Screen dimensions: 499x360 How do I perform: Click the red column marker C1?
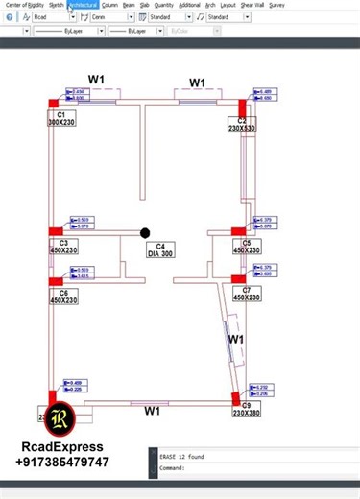pyautogui.click(x=54, y=104)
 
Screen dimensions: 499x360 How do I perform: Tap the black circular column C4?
pyautogui.click(x=145, y=232)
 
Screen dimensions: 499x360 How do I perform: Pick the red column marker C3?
pyautogui.click(x=56, y=231)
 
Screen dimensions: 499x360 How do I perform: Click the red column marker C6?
pyautogui.click(x=56, y=281)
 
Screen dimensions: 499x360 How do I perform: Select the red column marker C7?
pyautogui.click(x=239, y=280)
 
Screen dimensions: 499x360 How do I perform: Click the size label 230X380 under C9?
pyautogui.click(x=246, y=414)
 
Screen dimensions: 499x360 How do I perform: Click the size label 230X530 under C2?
pyautogui.click(x=242, y=128)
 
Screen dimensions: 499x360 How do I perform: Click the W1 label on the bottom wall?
pyautogui.click(x=152, y=412)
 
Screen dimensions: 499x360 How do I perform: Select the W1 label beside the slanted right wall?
pyautogui.click(x=236, y=340)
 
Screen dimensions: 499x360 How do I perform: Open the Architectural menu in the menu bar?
pyautogui.click(x=83, y=5)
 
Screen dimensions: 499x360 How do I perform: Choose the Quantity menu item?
pyautogui.click(x=163, y=5)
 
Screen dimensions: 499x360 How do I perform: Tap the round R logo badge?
pyautogui.click(x=60, y=418)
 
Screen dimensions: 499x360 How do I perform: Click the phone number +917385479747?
pyautogui.click(x=62, y=463)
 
